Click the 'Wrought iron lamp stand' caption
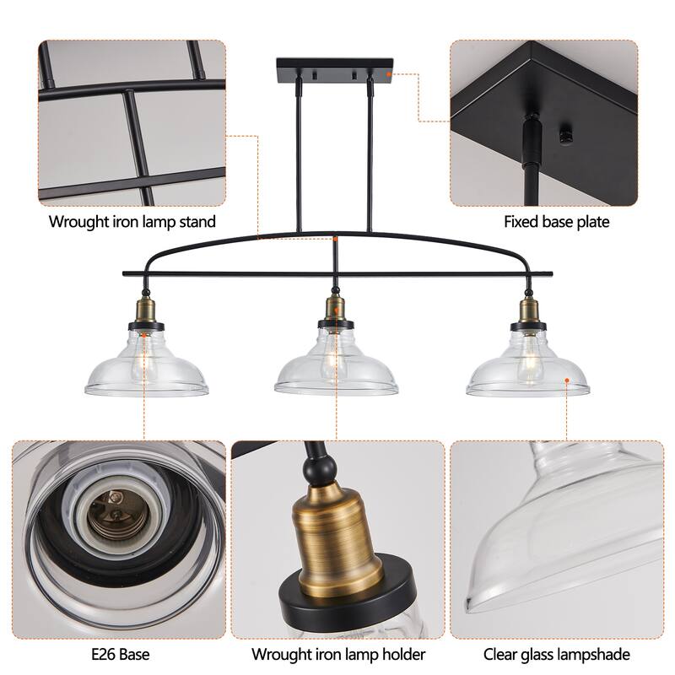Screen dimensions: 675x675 pos(132,223)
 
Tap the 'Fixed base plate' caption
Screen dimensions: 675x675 pos(556,223)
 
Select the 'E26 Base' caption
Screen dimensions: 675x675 pos(118,654)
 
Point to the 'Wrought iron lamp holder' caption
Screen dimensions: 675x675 pos(338,654)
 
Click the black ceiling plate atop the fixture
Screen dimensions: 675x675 pos(334,66)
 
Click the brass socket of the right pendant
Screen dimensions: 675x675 pos(525,309)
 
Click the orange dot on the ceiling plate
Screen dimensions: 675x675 pos(388,74)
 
